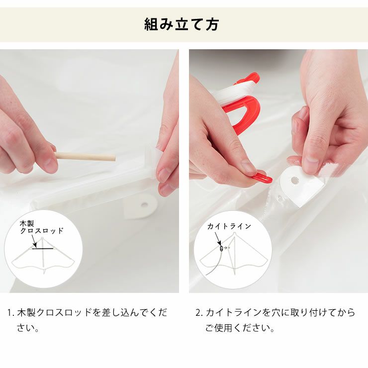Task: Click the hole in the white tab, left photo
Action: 144,204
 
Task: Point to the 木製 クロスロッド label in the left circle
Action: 42,227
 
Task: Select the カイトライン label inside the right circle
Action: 229,226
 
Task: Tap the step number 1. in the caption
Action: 11,313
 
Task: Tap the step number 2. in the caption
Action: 199,313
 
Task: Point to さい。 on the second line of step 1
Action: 28,328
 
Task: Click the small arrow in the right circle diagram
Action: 226,247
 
